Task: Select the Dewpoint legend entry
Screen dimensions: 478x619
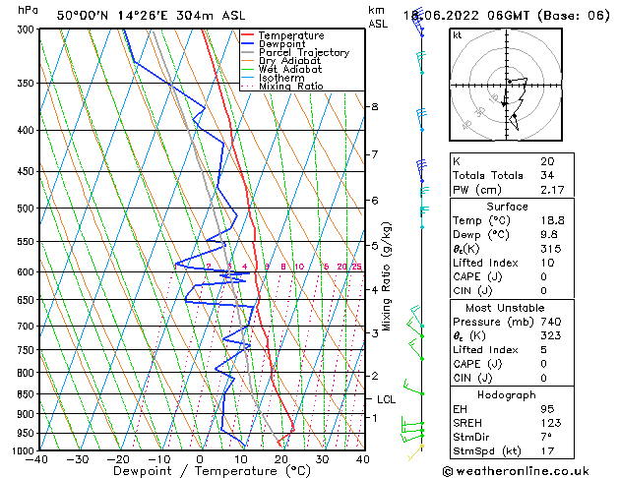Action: coord(284,44)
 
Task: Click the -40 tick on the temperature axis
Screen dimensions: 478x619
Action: coord(37,459)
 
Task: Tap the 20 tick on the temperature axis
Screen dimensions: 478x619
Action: coord(281,459)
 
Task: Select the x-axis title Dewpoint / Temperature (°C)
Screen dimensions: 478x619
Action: coord(201,471)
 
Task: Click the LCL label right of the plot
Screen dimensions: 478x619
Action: coord(387,399)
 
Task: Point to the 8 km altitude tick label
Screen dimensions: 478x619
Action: coord(374,106)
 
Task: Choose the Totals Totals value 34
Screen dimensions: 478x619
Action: coord(546,175)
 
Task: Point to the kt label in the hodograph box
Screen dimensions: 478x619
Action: coord(458,35)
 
